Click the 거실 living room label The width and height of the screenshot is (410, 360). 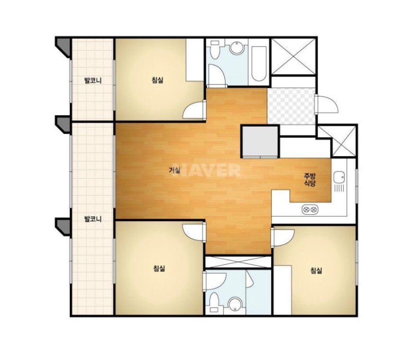point(174,170)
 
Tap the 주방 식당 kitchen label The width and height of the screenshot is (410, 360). point(310,179)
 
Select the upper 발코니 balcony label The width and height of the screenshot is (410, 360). point(92,80)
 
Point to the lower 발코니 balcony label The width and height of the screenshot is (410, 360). point(92,219)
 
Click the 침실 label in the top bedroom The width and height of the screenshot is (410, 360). point(158,80)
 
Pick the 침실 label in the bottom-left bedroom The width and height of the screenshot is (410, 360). point(159,268)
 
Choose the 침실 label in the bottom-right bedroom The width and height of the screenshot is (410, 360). point(316,270)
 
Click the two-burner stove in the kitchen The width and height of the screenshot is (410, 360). point(310,209)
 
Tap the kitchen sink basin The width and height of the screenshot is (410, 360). point(339,177)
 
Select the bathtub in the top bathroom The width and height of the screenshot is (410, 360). point(259,64)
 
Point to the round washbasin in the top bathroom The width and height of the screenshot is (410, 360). point(237,48)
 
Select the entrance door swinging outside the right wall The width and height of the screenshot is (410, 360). point(327,104)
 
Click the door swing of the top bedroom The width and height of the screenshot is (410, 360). point(193,111)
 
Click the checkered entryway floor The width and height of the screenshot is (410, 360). point(291,106)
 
